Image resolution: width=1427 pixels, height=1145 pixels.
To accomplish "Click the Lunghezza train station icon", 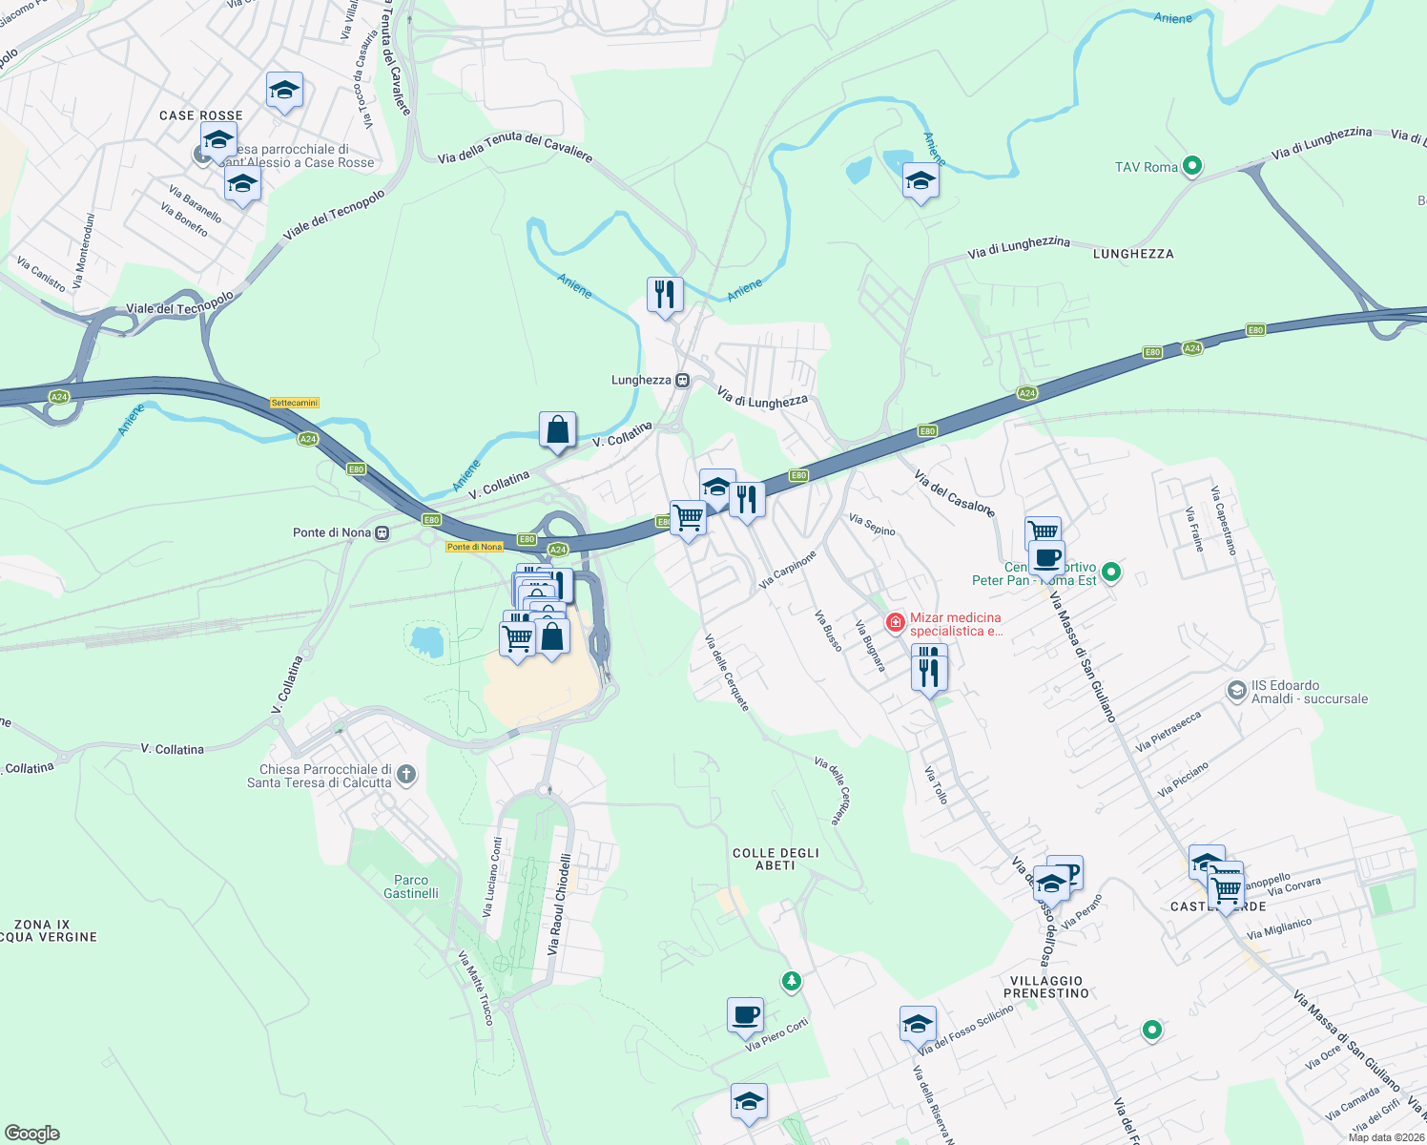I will pos(682,381).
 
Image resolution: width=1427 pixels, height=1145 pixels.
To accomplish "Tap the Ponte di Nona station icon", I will pos(382,532).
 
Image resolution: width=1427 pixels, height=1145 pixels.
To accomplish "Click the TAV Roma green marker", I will pos(1191,167).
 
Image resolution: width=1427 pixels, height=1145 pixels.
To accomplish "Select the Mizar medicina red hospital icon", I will pos(895,623).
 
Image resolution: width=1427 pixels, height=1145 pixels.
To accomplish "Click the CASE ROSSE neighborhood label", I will pos(201,115).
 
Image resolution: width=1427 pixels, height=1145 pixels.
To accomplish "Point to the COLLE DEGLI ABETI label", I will pos(776,859).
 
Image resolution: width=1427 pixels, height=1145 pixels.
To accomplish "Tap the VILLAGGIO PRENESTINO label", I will pos(1046,987).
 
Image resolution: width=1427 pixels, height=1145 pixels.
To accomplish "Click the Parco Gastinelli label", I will pos(411,886).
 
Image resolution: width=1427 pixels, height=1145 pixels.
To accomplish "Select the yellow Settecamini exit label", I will pos(295,403).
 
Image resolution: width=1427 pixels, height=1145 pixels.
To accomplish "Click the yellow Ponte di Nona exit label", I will pos(474,547).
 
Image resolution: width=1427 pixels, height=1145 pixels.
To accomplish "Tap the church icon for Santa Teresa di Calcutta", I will pos(406,774).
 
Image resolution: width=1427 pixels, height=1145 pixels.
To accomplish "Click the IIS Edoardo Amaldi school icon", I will pos(1236,690).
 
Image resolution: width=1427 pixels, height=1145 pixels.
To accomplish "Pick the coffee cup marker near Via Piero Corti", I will pos(745,1015).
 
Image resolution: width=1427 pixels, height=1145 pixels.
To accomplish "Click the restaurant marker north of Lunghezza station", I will pos(665,294).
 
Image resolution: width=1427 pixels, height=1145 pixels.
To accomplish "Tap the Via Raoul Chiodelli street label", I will pos(560,905).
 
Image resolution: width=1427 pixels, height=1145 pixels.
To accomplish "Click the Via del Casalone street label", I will pos(954,492).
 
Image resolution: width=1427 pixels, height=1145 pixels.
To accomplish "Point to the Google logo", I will pos(32,1133).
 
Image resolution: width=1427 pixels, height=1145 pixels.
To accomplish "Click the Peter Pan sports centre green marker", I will pos(1110,572).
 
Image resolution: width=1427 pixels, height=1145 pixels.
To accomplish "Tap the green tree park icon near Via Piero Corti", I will pos(791,980).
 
